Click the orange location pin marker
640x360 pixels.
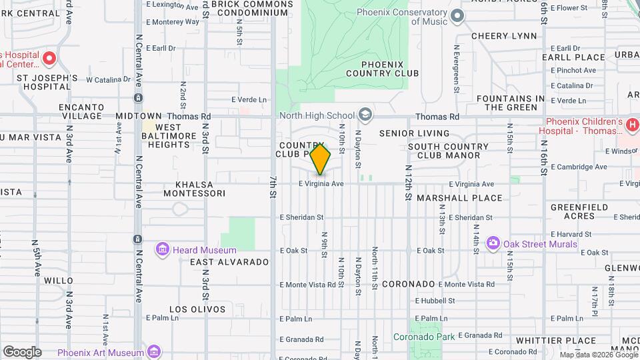coord(321,159)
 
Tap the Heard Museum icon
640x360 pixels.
coord(162,250)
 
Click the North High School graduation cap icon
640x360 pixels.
coord(365,115)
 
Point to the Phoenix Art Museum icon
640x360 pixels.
coord(154,351)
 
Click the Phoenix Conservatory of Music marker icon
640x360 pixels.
coord(457,15)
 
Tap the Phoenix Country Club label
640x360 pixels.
coord(383,68)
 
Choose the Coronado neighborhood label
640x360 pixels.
coord(409,284)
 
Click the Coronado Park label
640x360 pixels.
coord(424,337)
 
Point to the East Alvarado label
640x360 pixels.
coord(229,262)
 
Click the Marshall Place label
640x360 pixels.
coord(459,198)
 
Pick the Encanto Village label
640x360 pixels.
coord(81,111)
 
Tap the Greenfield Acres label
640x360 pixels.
coord(579,211)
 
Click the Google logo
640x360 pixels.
coord(22,352)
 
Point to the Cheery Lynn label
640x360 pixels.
coord(504,35)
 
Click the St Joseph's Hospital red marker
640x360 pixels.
coord(49,59)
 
